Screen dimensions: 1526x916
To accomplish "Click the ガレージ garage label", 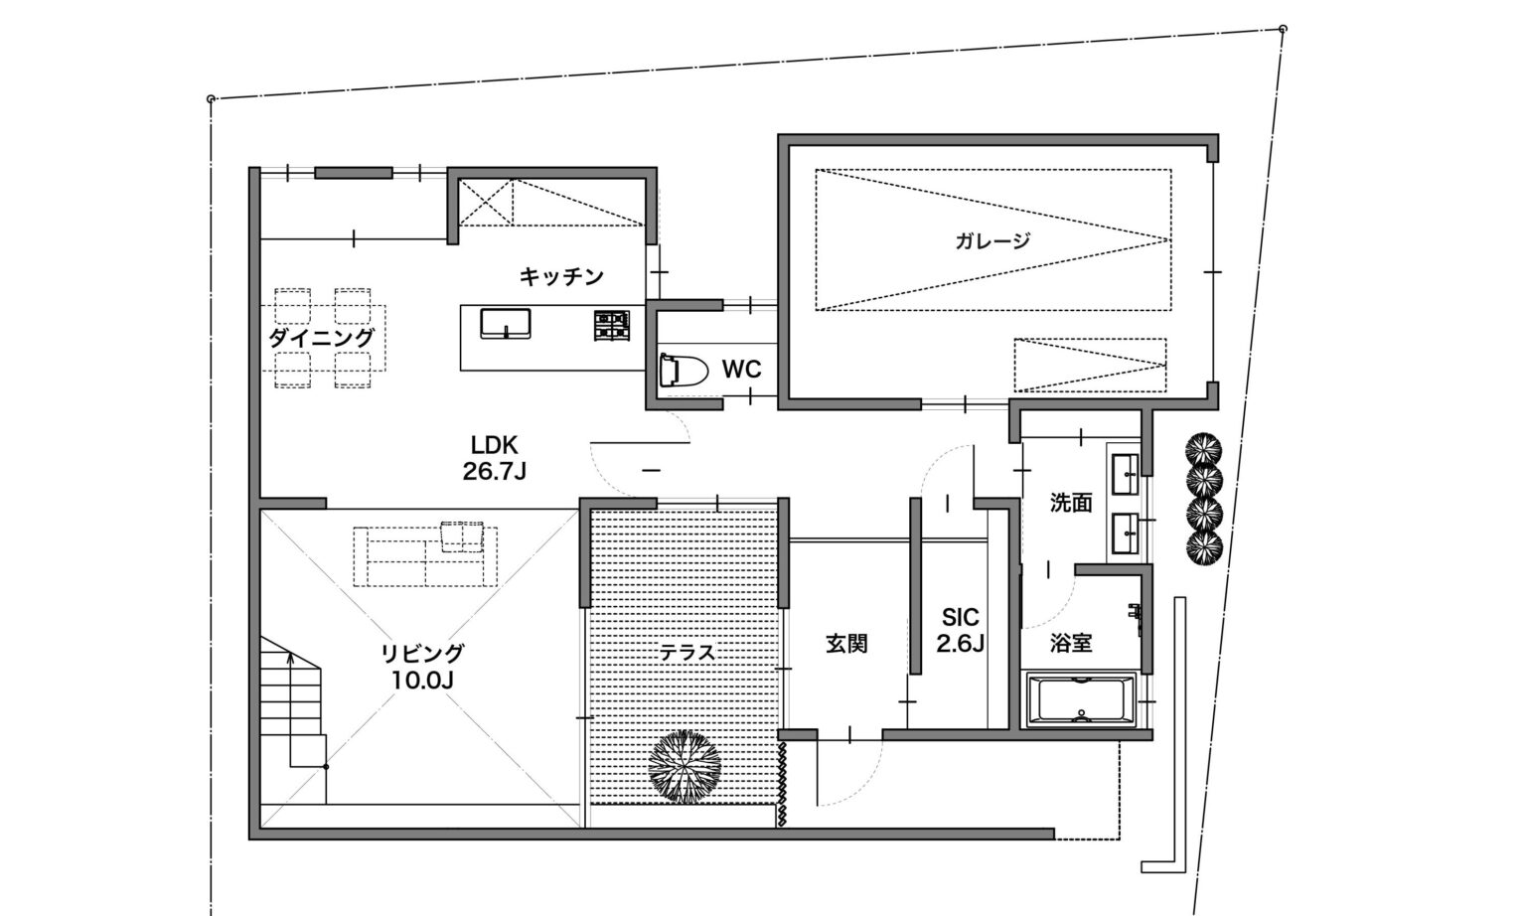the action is click(x=992, y=240).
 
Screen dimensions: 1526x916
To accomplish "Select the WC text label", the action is click(x=741, y=370).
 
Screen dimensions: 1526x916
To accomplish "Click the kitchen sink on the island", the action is click(x=506, y=324).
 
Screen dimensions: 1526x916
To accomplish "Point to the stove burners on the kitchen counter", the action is click(x=612, y=326).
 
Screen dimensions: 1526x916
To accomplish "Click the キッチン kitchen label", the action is click(x=561, y=276).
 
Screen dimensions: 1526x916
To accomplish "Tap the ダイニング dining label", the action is click(x=321, y=337).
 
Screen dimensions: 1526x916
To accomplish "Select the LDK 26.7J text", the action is click(x=495, y=458).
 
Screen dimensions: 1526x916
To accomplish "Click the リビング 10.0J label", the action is click(x=422, y=666).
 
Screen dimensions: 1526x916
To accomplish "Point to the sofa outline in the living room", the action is click(x=425, y=554).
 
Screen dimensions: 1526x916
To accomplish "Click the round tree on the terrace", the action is click(x=685, y=767).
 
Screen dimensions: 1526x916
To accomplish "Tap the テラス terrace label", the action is click(x=687, y=653).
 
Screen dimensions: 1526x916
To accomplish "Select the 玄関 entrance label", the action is click(x=846, y=644).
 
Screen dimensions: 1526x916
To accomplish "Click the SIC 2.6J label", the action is click(x=960, y=630).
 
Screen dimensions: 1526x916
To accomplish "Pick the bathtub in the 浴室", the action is click(x=1081, y=699).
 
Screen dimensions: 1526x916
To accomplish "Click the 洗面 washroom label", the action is click(x=1071, y=504).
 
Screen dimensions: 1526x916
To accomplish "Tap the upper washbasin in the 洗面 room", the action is click(x=1125, y=473).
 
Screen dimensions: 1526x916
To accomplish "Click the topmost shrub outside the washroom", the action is click(x=1203, y=449).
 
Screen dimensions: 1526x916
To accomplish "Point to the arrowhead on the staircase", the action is click(x=291, y=658).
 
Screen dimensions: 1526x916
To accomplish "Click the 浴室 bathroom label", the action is click(x=1071, y=643).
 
